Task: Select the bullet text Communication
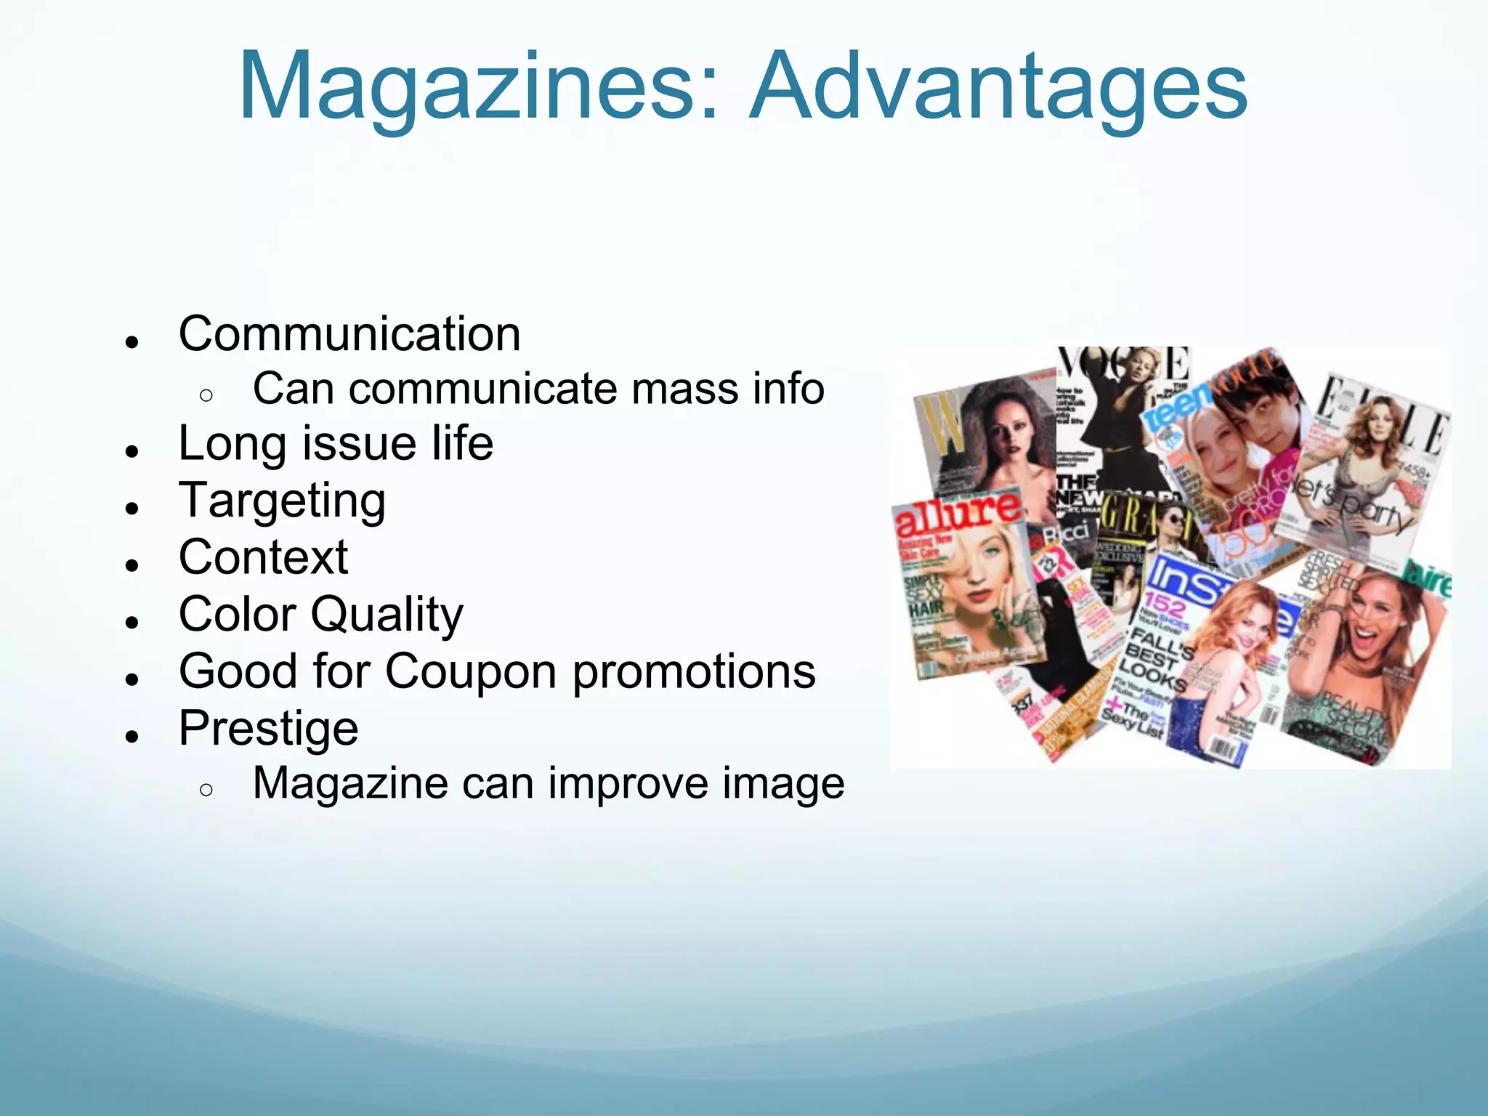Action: pyautogui.click(x=349, y=334)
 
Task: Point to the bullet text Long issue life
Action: pyautogui.click(x=336, y=444)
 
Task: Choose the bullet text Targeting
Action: pyautogui.click(x=282, y=501)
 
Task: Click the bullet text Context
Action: pyautogui.click(x=263, y=558)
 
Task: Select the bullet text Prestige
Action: pyautogui.click(x=269, y=729)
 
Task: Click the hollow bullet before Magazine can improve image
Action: pyautogui.click(x=206, y=790)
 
